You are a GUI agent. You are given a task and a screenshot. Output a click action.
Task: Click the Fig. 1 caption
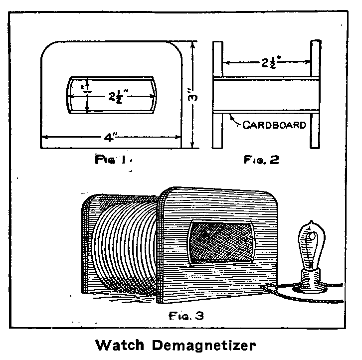[113, 160]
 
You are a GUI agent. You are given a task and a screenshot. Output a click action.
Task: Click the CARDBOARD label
[274, 125]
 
